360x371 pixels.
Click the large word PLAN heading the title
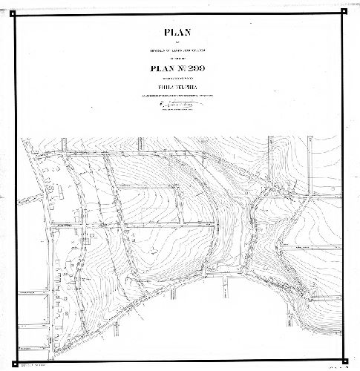180,33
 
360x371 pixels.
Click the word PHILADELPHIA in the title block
180,92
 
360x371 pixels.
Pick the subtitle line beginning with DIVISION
180,49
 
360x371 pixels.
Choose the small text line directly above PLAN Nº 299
180,59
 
